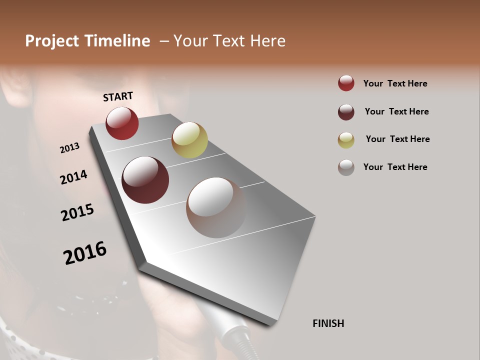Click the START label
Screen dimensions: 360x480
click(x=118, y=96)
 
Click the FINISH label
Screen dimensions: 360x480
click(x=328, y=323)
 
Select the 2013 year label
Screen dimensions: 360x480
click(x=70, y=147)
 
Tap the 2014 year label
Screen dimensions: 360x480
click(x=74, y=177)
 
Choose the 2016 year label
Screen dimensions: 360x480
click(x=85, y=252)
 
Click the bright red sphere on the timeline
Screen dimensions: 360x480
click(x=122, y=123)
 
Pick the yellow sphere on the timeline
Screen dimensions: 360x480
click(x=189, y=140)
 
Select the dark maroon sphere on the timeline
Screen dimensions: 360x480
click(x=145, y=180)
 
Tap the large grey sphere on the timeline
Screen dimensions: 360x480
click(x=216, y=207)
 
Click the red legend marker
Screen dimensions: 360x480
click(x=346, y=83)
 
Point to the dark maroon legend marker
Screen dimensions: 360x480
click(x=346, y=111)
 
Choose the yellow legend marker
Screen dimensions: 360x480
click(x=346, y=140)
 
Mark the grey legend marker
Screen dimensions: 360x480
click(x=346, y=167)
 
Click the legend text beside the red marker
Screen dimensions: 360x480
click(x=395, y=83)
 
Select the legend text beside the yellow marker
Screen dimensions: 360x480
click(x=397, y=139)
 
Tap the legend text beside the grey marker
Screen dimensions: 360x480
click(x=395, y=167)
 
